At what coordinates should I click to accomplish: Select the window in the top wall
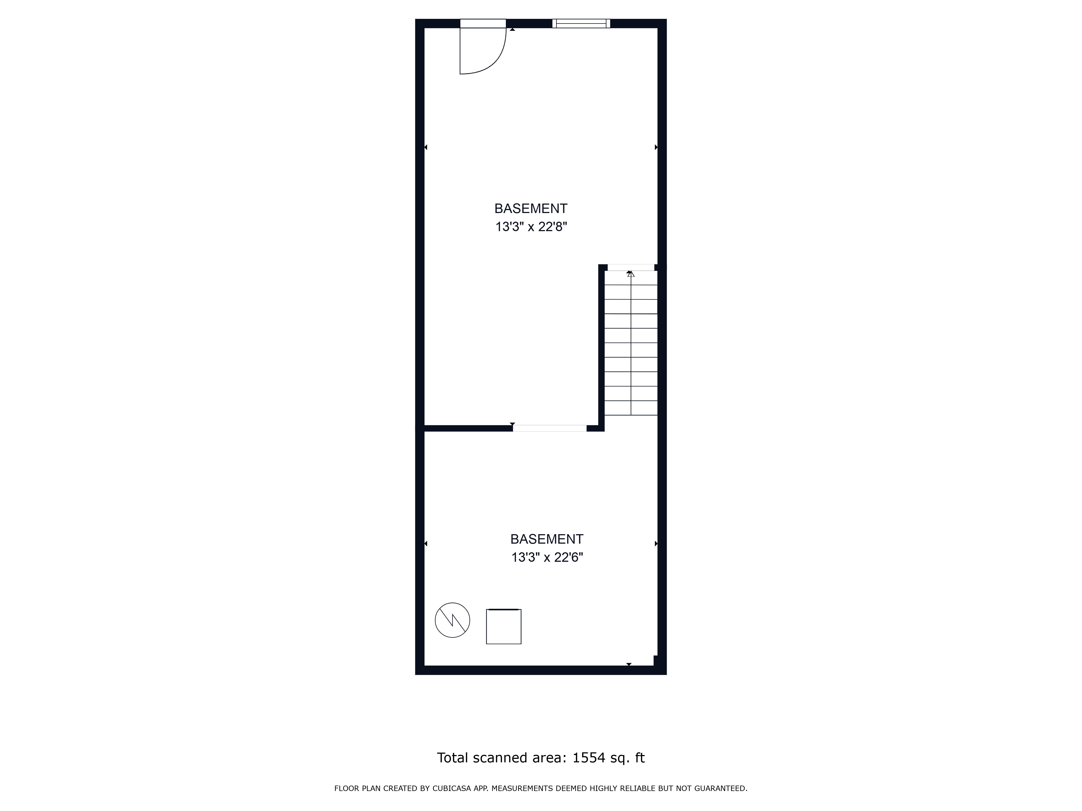(581, 24)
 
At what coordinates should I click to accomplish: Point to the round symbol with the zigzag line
(453, 620)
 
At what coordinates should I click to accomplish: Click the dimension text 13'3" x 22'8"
(531, 227)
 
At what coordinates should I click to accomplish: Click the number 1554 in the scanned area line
(589, 757)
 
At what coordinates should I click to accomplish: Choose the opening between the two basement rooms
(550, 428)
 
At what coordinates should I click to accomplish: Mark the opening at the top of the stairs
(631, 267)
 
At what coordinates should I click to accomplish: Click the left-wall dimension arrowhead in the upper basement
(425, 147)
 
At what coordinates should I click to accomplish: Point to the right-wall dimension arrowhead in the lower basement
(656, 544)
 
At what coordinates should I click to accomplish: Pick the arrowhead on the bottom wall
(629, 664)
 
